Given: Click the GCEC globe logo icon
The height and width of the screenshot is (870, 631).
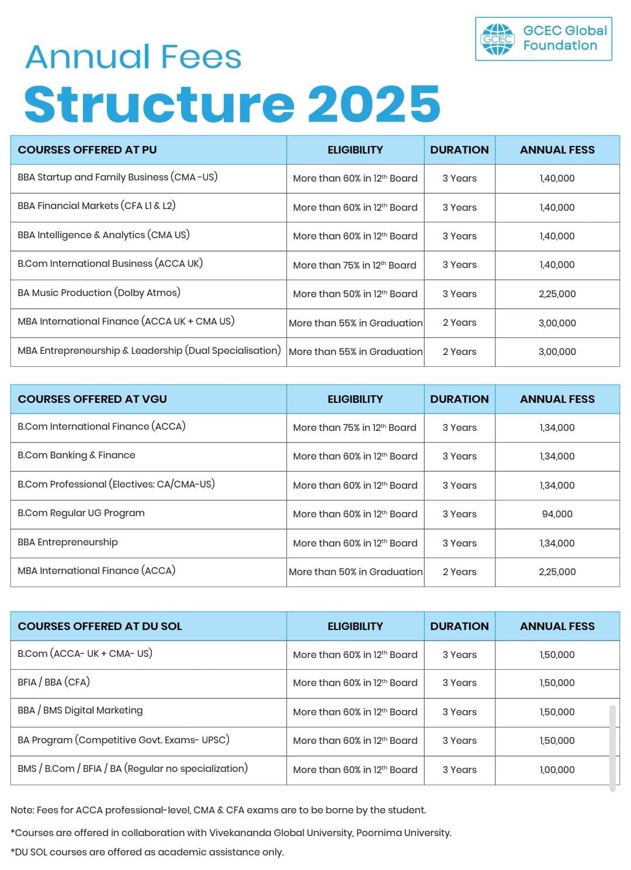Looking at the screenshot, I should [x=497, y=39].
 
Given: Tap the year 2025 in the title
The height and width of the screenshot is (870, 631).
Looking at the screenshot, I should [x=374, y=103].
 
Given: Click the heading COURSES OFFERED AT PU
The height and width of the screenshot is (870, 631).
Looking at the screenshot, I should [x=87, y=149].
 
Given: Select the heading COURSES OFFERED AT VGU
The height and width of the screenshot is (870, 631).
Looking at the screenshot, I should [x=92, y=399].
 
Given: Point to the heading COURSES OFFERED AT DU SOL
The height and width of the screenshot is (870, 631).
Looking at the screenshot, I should [x=100, y=626].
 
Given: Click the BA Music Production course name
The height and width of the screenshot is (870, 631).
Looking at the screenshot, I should [x=99, y=293].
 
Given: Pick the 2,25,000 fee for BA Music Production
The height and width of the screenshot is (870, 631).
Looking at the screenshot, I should [x=557, y=294].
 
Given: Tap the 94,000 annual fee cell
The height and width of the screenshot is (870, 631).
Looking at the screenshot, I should [x=557, y=514].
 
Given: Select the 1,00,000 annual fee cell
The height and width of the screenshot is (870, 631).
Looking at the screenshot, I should [x=557, y=770].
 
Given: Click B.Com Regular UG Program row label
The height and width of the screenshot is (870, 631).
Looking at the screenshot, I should [x=81, y=513].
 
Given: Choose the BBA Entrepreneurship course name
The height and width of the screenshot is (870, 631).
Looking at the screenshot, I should [x=68, y=542].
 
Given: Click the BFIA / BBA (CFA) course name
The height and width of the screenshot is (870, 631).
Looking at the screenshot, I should [x=54, y=681].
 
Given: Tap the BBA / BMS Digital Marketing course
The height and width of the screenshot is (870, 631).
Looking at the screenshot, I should [x=80, y=710].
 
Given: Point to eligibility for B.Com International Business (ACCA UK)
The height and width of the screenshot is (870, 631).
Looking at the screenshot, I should [x=355, y=265].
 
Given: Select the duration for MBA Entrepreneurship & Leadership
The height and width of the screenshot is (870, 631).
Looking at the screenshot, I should [x=459, y=352].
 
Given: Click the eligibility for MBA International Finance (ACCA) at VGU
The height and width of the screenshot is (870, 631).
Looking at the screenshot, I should [x=355, y=572].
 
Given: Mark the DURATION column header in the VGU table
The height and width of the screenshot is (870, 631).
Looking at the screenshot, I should [x=459, y=399].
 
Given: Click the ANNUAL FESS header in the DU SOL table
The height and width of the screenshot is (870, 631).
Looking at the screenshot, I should [x=557, y=626].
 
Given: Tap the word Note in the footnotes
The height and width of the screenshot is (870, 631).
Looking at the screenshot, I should [x=22, y=810].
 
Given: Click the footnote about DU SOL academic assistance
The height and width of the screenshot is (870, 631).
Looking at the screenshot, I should [x=147, y=852].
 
